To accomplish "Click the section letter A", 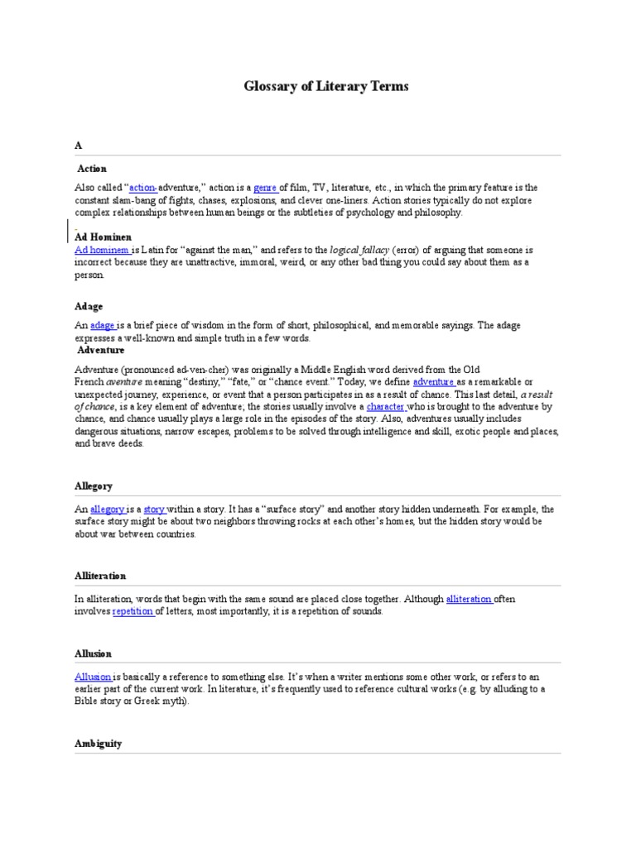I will pos(79,145).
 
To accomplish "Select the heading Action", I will pos(92,168).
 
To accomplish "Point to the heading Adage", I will pos(89,306).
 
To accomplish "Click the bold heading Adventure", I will pos(101,350).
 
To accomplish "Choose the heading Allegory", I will pos(93,486).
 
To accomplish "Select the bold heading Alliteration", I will pos(100,575).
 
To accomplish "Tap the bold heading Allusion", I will pos(93,653).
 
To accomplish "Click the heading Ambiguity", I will pos(98,743).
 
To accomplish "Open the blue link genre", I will pos(265,188).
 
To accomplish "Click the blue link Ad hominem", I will pos(102,249).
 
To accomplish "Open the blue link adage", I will pos(103,326).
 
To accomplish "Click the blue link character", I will pos(385,407).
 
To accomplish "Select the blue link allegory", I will pos(108,509).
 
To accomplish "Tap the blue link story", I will pos(155,509).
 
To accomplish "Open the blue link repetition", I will pos(133,611).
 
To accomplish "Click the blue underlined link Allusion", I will pos(93,677).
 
